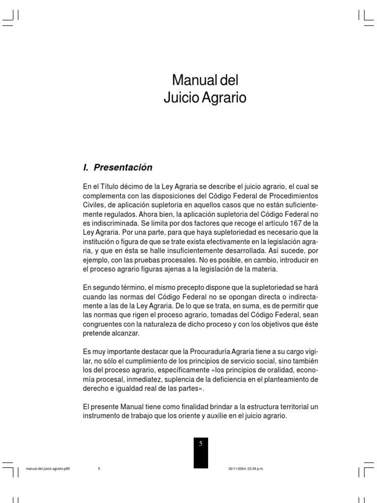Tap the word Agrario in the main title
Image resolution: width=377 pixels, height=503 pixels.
click(x=226, y=98)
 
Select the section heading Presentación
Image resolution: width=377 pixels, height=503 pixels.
click(x=123, y=168)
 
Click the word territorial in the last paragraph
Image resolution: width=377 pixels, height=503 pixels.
click(x=274, y=407)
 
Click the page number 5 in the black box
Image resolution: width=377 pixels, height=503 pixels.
click(x=200, y=443)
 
